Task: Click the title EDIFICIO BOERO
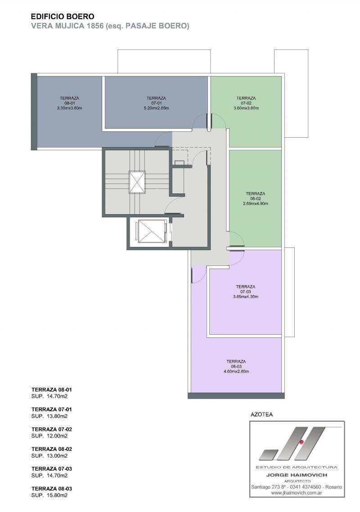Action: click(x=63, y=17)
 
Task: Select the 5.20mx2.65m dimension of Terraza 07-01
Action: click(x=156, y=108)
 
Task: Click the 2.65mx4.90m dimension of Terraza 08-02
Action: click(x=256, y=204)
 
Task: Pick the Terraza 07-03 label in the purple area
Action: click(x=245, y=289)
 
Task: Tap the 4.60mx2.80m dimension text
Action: click(x=236, y=372)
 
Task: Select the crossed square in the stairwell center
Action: click(x=137, y=182)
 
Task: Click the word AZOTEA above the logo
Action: click(x=261, y=415)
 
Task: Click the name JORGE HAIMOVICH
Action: click(x=297, y=475)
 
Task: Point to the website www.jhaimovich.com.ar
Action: click(x=297, y=493)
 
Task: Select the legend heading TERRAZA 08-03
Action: click(x=52, y=489)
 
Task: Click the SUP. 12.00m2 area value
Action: click(x=49, y=436)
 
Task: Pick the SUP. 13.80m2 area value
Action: click(x=49, y=416)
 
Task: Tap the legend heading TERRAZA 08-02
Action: click(x=52, y=449)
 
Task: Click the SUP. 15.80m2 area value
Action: click(x=49, y=495)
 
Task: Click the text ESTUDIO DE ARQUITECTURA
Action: click(x=297, y=467)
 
